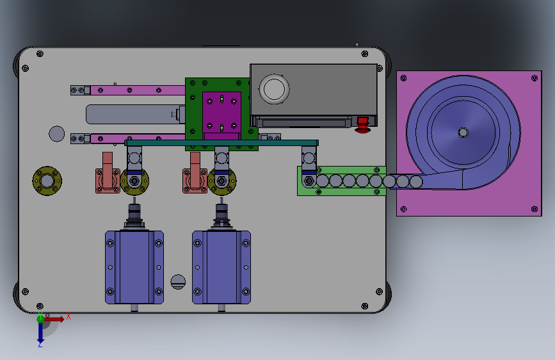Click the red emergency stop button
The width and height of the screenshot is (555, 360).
[x=362, y=125]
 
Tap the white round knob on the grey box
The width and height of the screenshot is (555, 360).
[x=274, y=89]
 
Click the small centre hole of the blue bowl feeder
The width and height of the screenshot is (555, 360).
[x=463, y=133]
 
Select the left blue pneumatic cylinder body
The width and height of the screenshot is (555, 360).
[x=134, y=267]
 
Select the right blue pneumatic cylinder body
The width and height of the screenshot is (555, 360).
[x=221, y=267]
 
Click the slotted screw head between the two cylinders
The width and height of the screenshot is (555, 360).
[x=178, y=282]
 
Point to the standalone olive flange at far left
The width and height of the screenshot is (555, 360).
[x=47, y=181]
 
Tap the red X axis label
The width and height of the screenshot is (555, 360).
[x=68, y=316]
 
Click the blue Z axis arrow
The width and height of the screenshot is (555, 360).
[x=40, y=332]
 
